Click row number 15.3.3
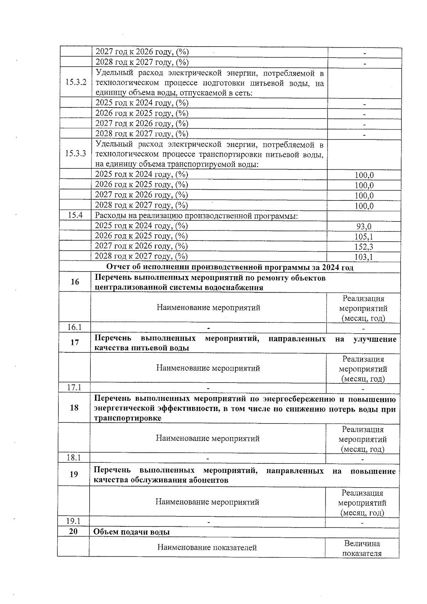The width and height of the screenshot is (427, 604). (x=75, y=154)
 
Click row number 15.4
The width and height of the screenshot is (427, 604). (x=75, y=215)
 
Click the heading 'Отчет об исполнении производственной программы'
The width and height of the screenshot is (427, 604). (x=230, y=267)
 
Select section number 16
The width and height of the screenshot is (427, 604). (x=75, y=282)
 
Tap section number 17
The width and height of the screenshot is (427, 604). (x=74, y=342)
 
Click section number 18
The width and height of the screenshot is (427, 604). (x=74, y=408)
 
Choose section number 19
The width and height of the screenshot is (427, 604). (x=74, y=474)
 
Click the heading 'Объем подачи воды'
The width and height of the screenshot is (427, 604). (x=131, y=532)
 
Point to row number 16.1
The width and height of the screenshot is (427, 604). (x=74, y=327)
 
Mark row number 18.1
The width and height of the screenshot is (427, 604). (x=74, y=458)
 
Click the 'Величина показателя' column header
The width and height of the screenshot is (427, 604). (x=362, y=548)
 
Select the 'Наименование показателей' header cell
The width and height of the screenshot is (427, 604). (x=207, y=548)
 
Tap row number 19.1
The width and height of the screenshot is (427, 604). (x=73, y=521)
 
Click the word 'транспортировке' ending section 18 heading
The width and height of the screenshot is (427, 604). (x=127, y=418)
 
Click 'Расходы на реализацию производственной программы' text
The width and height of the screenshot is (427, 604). (x=196, y=216)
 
